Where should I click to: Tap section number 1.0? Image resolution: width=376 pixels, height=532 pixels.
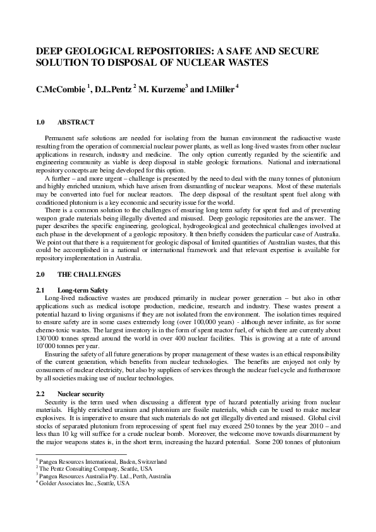[42, 122]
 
